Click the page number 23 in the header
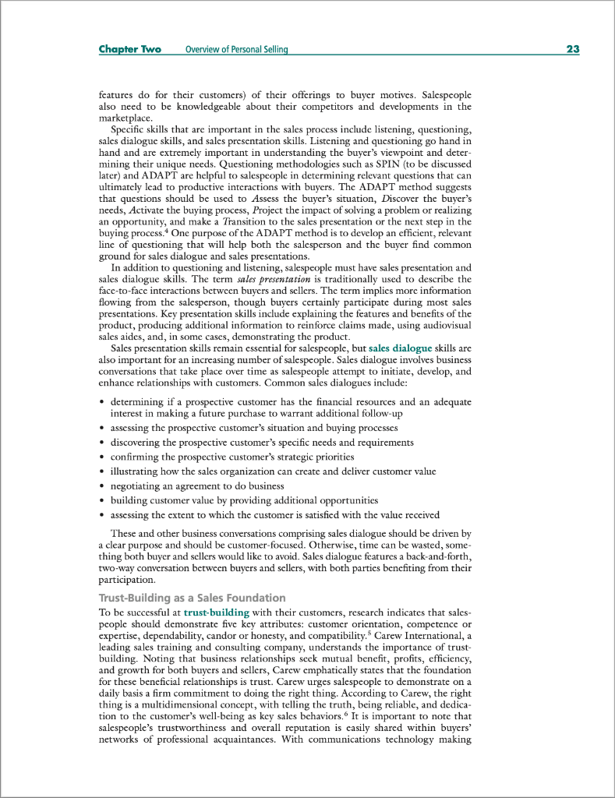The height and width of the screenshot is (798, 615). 572,49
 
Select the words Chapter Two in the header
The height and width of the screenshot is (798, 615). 129,49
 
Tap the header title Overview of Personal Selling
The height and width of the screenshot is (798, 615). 236,50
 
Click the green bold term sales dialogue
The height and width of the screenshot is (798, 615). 400,348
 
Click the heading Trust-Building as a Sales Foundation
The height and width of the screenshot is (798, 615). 192,598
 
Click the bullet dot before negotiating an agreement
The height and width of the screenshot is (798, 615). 102,486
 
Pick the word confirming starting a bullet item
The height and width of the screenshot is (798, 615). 136,457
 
